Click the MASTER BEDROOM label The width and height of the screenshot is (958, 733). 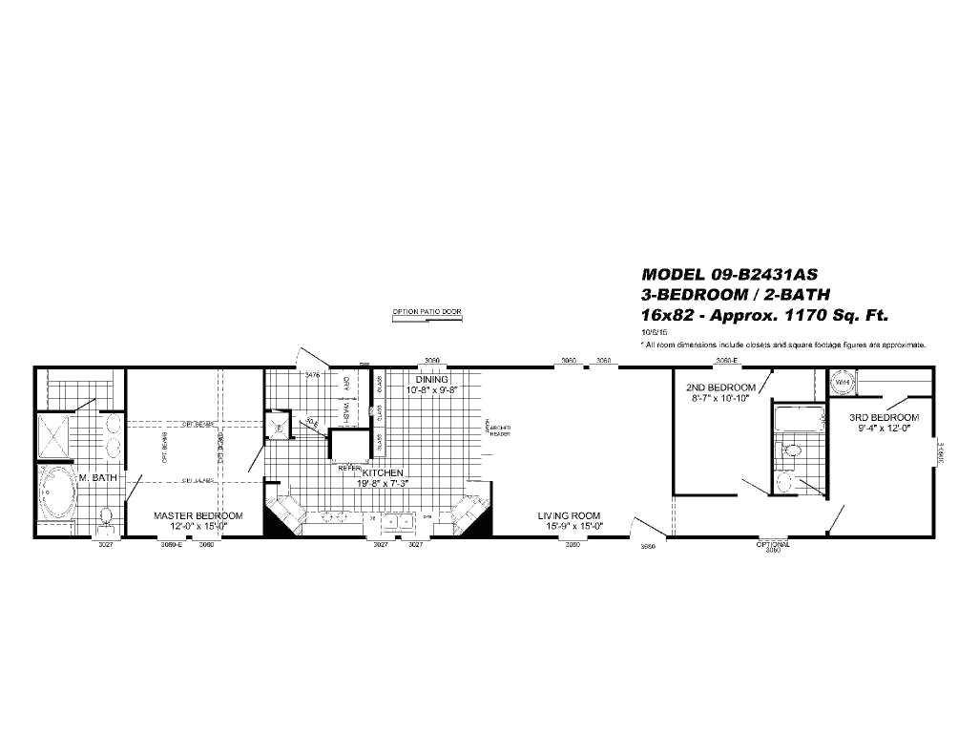click(198, 515)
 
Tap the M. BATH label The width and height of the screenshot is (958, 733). click(98, 477)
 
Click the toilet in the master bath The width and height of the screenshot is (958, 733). click(107, 516)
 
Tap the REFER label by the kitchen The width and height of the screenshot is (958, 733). click(349, 469)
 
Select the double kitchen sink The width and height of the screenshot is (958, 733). click(397, 520)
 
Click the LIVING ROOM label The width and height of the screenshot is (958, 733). click(566, 515)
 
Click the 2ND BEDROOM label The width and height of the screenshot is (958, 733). click(720, 387)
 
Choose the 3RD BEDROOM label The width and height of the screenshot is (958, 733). click(885, 417)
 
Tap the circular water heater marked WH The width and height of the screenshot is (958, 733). click(842, 382)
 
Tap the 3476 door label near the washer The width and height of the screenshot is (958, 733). click(312, 376)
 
